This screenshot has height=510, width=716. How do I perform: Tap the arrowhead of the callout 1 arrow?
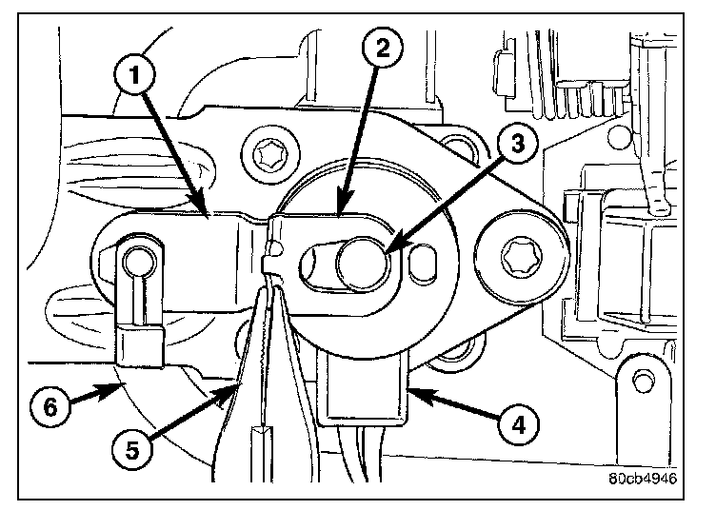tap(208, 214)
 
